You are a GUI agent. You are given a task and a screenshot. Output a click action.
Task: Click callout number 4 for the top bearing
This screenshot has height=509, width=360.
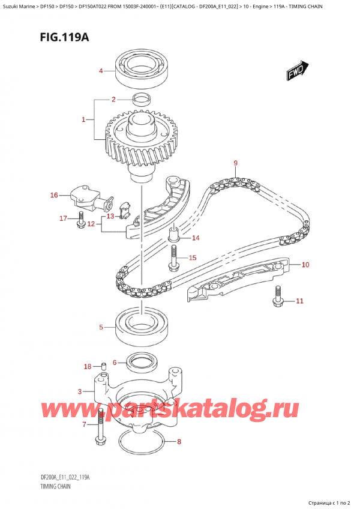click(101, 71)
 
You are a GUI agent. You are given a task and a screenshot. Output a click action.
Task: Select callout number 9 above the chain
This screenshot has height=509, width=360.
click(236, 163)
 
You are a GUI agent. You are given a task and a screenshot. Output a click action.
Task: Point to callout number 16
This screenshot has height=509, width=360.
click(54, 195)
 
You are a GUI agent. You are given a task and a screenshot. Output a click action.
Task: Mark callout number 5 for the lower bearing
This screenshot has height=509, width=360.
click(101, 327)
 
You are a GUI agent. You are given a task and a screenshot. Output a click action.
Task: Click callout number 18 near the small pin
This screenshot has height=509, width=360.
click(88, 367)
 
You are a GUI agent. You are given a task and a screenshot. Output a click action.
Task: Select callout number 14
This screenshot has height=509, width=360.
click(196, 238)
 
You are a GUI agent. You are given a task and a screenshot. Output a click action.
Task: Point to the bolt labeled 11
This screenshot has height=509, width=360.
click(278, 294)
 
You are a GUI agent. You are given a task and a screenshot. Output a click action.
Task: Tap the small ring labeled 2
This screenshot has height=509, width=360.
click(142, 99)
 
